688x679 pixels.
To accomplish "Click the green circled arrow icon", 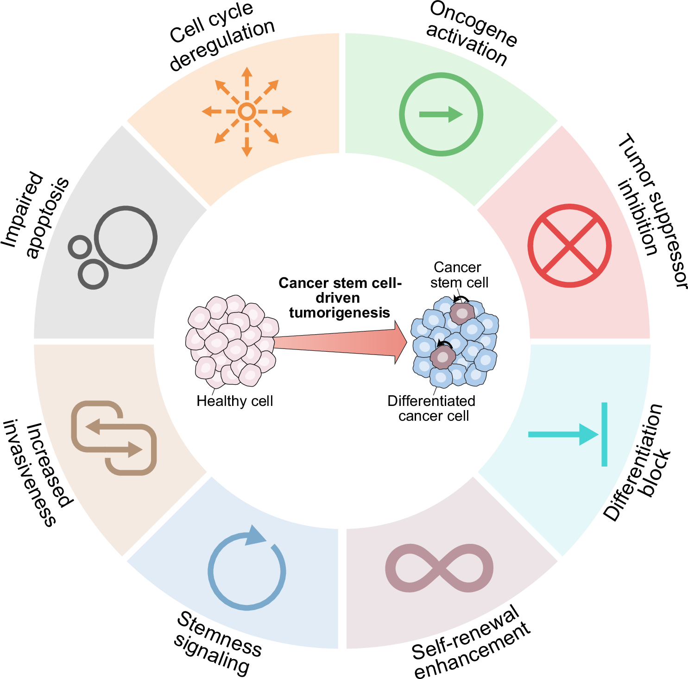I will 441,114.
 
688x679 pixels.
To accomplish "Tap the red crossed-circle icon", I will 569,246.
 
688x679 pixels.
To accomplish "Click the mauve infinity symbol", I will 439,568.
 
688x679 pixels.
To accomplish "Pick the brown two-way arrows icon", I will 114,438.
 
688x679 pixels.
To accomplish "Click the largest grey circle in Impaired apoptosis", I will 126,237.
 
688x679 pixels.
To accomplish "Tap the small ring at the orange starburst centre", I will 247,112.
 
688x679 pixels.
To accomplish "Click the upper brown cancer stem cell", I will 462,314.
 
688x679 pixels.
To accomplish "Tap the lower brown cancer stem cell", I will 443,357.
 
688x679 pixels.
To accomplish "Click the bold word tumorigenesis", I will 340,313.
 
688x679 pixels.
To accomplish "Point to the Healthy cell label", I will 234,401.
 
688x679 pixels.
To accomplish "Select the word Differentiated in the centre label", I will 431,401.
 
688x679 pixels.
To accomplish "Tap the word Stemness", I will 220,634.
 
